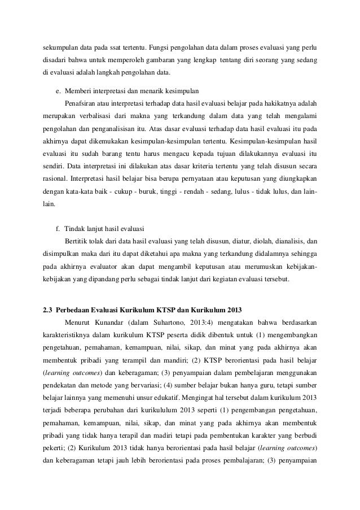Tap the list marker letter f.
(x=58, y=229)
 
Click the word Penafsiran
(x=81, y=103)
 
